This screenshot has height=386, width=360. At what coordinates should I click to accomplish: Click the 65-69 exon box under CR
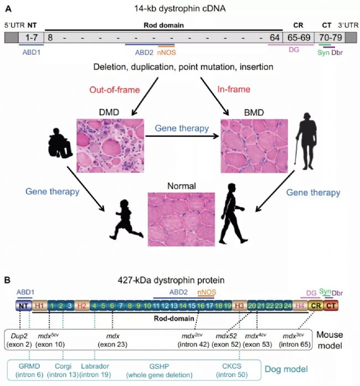(x=298, y=38)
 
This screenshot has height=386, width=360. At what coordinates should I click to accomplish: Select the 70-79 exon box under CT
(x=330, y=38)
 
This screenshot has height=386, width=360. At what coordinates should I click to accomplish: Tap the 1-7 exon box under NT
(x=31, y=38)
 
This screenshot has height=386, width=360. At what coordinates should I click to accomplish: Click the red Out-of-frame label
(x=115, y=90)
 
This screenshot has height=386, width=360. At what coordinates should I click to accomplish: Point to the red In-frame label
(x=234, y=89)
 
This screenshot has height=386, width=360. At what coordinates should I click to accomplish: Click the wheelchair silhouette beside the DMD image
(x=60, y=143)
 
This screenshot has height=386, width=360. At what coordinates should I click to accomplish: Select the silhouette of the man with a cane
(x=306, y=141)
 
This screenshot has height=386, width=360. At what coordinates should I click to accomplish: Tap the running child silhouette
(x=126, y=220)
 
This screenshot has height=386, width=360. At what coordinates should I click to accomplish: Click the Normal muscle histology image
(x=181, y=219)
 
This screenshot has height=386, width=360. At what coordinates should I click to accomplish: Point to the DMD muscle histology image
(x=110, y=146)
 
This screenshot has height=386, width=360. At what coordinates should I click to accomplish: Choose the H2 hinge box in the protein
(x=82, y=306)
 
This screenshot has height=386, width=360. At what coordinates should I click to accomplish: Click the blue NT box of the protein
(x=24, y=306)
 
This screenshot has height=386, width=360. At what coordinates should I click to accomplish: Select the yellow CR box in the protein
(x=316, y=306)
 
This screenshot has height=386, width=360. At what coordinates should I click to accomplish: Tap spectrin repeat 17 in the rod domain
(x=209, y=306)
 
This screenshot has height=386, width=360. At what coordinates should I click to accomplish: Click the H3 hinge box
(x=239, y=306)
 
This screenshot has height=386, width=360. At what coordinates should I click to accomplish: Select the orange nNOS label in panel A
(x=167, y=53)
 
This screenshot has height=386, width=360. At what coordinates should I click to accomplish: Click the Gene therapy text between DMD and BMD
(x=182, y=128)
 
